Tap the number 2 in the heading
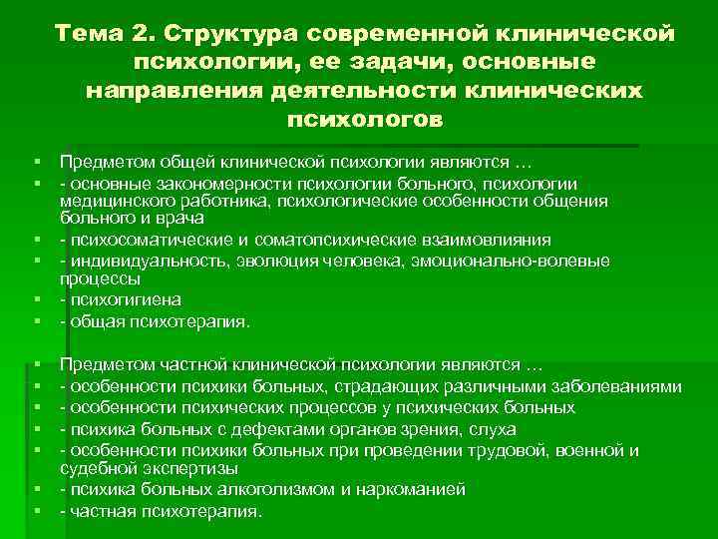click(139, 35)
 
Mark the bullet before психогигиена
click(34, 300)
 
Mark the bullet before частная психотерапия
click(34, 511)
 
